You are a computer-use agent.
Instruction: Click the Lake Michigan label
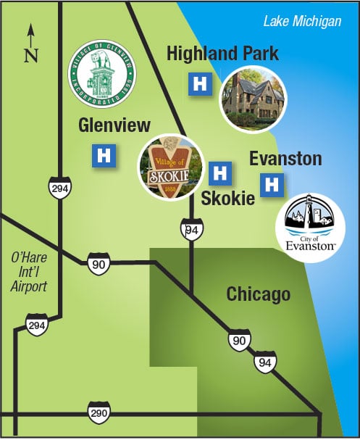(302, 22)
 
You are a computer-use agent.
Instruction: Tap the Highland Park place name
(222, 54)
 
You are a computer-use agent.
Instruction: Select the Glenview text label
(114, 125)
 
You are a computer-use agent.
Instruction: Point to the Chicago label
(258, 294)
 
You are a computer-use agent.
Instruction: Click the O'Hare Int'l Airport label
(29, 271)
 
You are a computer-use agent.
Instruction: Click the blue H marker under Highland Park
(199, 84)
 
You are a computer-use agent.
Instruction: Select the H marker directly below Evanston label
(272, 185)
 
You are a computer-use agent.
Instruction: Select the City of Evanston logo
(312, 224)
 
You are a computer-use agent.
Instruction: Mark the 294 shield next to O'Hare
(36, 324)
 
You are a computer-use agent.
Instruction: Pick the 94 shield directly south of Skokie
(190, 229)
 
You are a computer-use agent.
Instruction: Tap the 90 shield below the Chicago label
(238, 339)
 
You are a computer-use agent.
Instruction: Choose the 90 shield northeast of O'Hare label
(99, 263)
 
